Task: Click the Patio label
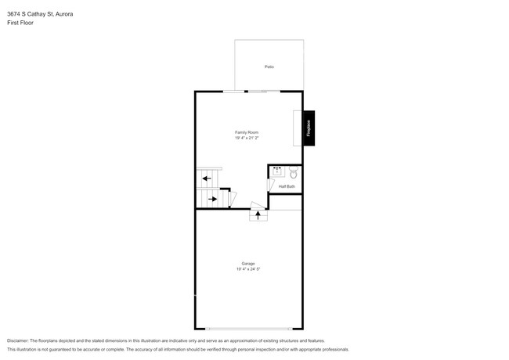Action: pos(269,67)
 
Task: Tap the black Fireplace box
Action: pos(309,128)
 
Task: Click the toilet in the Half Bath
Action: pos(294,173)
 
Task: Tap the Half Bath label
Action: pos(287,186)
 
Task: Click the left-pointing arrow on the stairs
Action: pos(208,178)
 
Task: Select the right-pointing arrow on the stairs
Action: pos(212,199)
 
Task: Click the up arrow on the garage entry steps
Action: pos(258,214)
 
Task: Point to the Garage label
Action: pos(247,264)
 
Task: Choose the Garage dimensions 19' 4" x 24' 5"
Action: pos(247,269)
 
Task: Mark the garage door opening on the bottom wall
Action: pos(247,329)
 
